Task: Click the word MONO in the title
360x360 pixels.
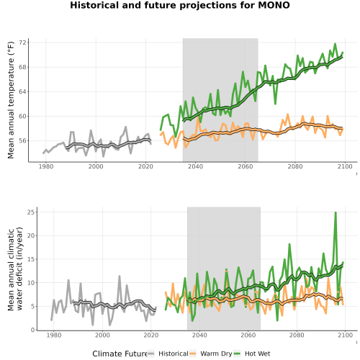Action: [x=274, y=5]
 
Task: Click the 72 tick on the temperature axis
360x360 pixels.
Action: [x=22, y=42]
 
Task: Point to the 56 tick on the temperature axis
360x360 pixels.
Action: [x=22, y=140]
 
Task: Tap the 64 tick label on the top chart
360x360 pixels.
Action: [x=22, y=91]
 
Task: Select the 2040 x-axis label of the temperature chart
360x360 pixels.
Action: [x=195, y=166]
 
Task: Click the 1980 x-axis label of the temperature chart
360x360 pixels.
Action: [x=46, y=166]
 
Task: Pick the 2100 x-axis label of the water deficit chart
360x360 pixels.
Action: [x=345, y=335]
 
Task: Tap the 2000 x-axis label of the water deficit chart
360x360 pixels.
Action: [x=102, y=335]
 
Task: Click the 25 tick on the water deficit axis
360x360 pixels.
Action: [x=31, y=212]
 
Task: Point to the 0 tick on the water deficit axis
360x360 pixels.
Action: [x=33, y=330]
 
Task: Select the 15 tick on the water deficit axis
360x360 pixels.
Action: [x=31, y=259]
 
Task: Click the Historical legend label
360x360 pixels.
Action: [x=174, y=354]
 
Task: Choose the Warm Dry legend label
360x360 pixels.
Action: [x=216, y=354]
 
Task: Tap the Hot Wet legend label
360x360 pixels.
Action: [x=257, y=354]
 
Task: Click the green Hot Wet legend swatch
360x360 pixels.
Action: [x=237, y=354]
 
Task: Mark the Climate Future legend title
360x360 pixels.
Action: [x=120, y=354]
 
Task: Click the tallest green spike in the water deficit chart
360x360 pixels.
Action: [x=336, y=212]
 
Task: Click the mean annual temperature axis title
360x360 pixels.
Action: [x=11, y=100]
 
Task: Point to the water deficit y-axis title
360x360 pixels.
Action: [x=15, y=269]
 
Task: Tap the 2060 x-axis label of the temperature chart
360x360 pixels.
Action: [x=246, y=166]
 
